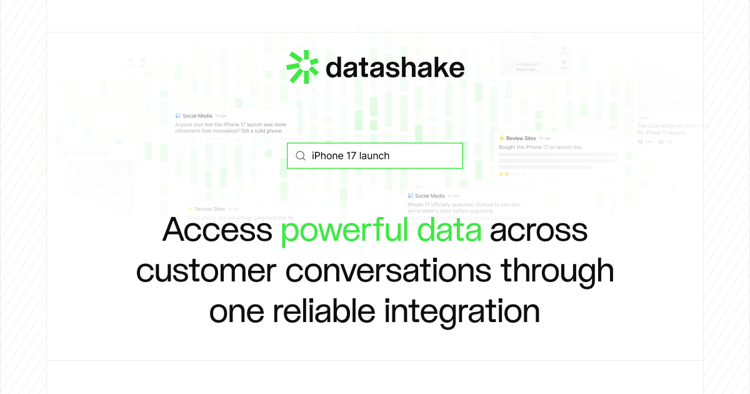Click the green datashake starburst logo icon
pos(302,67)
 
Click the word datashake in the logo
pos(395,68)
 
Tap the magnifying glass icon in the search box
pos(301,156)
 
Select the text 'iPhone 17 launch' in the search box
pos(351,156)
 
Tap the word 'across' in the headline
pos(539,230)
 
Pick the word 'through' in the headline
pos(557,271)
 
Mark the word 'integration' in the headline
pos(462,311)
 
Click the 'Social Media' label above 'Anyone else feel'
pos(197,116)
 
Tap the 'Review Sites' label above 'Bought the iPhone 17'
pos(521,138)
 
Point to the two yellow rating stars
pos(504,174)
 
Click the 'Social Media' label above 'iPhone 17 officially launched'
pos(429,196)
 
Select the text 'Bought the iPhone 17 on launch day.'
pos(540,147)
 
